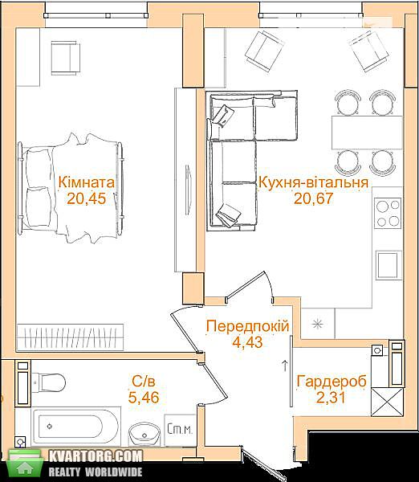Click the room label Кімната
pos(87,182)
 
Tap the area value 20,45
pos(87,198)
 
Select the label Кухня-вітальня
pos(314,182)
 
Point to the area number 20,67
pos(313,198)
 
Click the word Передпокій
pos(248,326)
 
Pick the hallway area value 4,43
pos(247,342)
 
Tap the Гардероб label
pos(332,381)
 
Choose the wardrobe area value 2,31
pos(331,397)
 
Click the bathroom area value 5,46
pos(144,397)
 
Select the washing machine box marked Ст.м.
pos(180,430)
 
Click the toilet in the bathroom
pos(48,382)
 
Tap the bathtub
pos(75,427)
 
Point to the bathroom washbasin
pos(144,434)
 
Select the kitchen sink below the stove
pos(388,265)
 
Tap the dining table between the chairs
pos(367,133)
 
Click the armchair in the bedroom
pos(66,58)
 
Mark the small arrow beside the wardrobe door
pos(285,366)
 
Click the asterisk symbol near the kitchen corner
pos(317,324)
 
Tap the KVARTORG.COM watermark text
pos(96,456)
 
